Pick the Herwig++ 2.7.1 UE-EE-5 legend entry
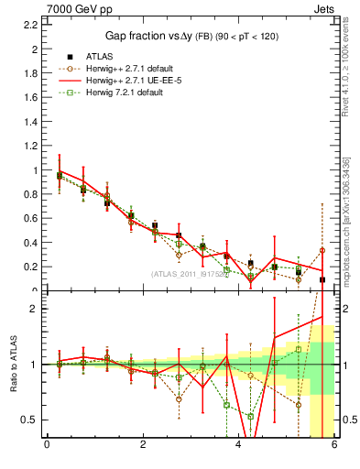coord(122,81)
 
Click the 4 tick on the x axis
coord(239,446)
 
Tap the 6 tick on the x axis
coord(335,446)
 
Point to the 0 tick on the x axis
coord(47,446)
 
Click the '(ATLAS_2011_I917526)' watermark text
coord(191,274)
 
